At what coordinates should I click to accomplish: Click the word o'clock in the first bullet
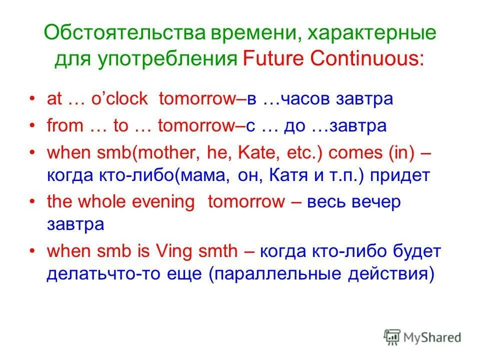tap(118, 99)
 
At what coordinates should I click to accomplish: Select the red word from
tap(64, 126)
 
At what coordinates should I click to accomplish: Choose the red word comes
tap(355, 153)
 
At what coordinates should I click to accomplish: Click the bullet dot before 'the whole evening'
tap(33, 202)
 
